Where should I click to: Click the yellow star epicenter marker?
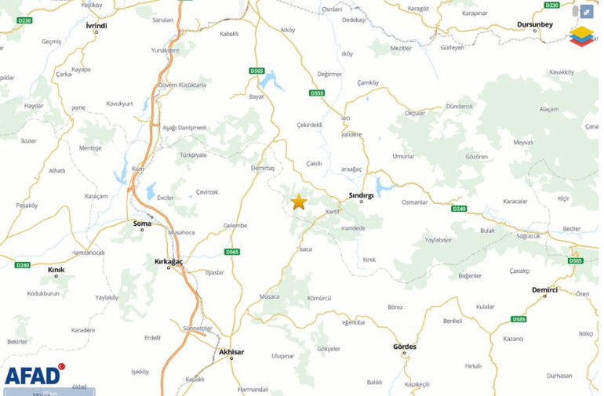click(x=299, y=202)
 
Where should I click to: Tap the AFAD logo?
click(x=33, y=375)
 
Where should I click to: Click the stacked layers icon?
click(x=581, y=36)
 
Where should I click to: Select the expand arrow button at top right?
click(x=587, y=12)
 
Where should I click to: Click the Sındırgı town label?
click(x=361, y=194)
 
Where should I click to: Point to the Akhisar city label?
click(x=231, y=352)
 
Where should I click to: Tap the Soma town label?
click(x=142, y=223)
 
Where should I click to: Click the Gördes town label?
click(x=405, y=347)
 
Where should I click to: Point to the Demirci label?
click(x=544, y=289)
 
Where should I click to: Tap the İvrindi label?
click(x=96, y=25)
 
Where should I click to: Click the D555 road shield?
click(x=317, y=93)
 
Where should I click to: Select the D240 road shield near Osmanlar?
click(x=459, y=209)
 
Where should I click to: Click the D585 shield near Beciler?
click(x=575, y=260)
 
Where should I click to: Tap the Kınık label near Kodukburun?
click(x=56, y=270)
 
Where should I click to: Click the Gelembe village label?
click(x=235, y=225)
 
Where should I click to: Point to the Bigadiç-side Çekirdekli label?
click(x=310, y=125)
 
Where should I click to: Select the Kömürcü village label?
click(x=319, y=298)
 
